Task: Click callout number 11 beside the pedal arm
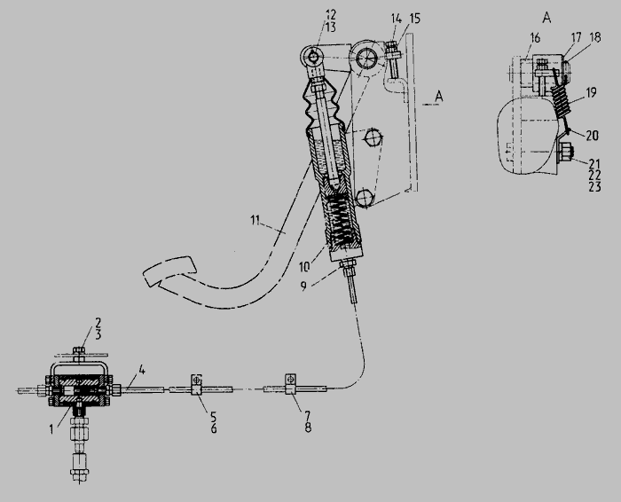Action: (255, 220)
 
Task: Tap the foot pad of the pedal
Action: (169, 271)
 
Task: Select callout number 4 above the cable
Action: (142, 371)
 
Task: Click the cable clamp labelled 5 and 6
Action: (196, 384)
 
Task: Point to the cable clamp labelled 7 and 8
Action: (291, 383)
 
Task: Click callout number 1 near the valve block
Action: (51, 428)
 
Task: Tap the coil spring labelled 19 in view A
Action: (562, 101)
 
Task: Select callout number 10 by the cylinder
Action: (304, 267)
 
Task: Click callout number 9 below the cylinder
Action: (303, 286)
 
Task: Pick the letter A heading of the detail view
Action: (546, 18)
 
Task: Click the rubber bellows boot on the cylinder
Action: (321, 105)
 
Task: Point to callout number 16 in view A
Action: (535, 38)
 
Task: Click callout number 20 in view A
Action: (592, 136)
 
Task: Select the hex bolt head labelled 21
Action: (565, 153)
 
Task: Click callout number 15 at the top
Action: (414, 19)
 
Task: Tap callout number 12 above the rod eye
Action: (331, 15)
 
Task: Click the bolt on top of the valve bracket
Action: (79, 352)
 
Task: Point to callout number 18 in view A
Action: (595, 37)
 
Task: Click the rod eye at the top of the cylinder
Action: (314, 58)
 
